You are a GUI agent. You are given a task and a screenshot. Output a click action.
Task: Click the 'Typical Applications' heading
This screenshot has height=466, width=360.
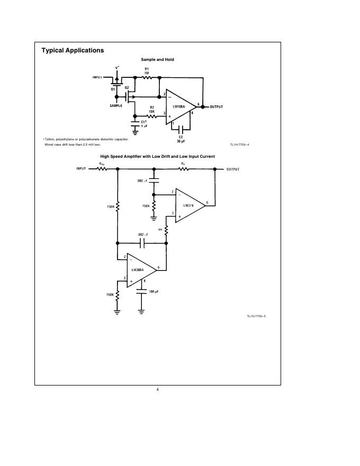(x=73, y=50)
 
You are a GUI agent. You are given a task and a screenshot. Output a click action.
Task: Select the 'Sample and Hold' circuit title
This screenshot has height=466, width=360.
(x=157, y=60)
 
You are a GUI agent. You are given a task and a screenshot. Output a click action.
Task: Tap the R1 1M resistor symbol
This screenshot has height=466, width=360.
(x=147, y=77)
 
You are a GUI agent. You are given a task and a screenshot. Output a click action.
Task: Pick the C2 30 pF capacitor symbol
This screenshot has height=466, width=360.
(x=181, y=129)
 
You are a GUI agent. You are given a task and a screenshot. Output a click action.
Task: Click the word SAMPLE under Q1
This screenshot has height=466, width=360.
(x=115, y=106)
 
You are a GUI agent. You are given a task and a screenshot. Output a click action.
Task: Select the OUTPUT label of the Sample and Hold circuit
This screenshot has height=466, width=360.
(x=217, y=107)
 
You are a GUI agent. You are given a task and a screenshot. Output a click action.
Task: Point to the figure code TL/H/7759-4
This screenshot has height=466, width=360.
(x=239, y=144)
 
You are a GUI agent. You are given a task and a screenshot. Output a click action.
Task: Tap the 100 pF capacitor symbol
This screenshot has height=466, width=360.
(x=141, y=290)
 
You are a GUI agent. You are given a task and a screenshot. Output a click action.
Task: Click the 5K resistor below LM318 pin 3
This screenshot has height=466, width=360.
(x=166, y=229)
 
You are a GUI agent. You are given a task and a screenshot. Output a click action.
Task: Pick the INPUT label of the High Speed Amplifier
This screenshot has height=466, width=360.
(x=81, y=169)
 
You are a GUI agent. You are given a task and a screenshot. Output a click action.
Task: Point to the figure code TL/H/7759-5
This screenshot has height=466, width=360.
(x=256, y=316)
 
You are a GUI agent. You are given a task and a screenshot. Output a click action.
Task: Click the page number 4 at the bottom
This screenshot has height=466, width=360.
(x=157, y=390)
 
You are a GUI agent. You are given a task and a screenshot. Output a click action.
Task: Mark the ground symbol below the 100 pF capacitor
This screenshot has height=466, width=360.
(x=141, y=311)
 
